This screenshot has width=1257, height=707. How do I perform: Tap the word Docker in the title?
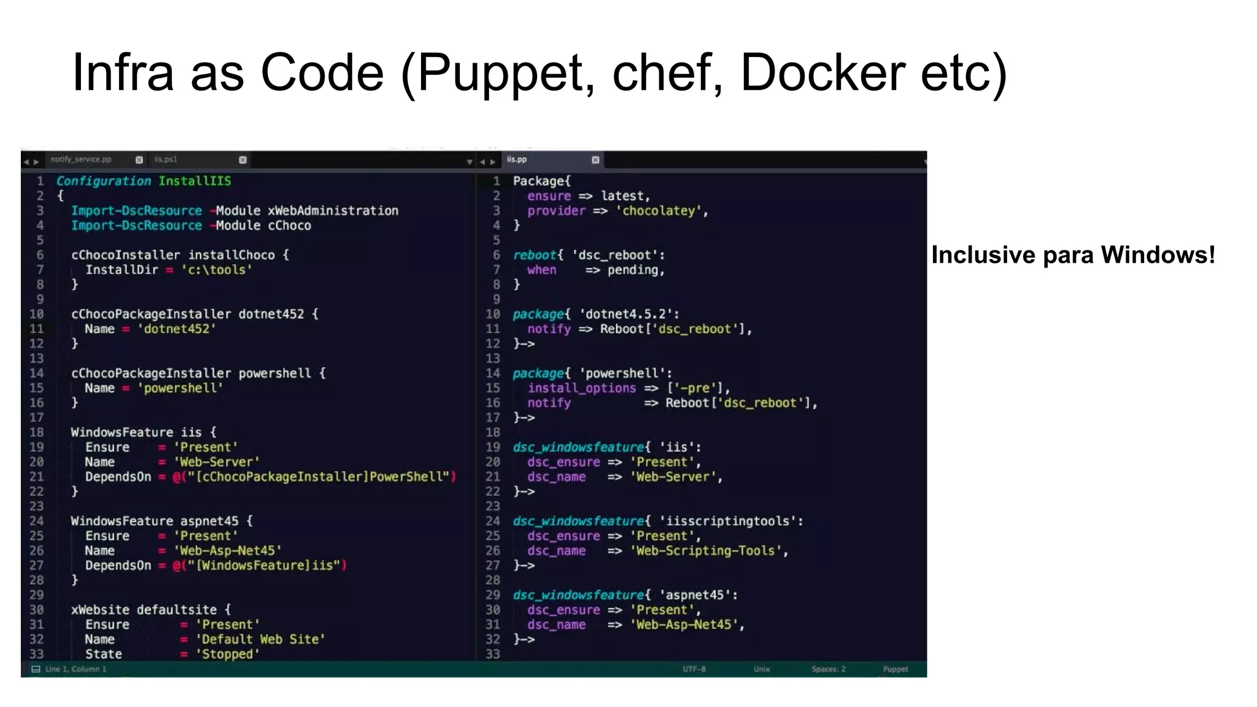tap(822, 72)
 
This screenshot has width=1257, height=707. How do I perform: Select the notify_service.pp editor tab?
tap(81, 160)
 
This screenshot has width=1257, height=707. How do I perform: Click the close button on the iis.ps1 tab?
tap(243, 160)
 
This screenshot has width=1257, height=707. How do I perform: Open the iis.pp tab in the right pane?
tap(517, 160)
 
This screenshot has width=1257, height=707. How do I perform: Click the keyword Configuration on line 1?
tap(103, 181)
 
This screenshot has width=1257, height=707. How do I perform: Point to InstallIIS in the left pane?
tap(195, 181)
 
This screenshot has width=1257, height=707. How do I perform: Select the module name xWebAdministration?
tap(333, 211)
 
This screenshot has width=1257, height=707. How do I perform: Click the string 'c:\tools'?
tap(216, 270)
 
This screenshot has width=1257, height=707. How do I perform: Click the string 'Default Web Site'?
tap(260, 639)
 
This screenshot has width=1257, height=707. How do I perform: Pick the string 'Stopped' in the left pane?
tap(227, 654)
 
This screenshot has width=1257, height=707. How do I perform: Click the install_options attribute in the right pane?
tap(581, 388)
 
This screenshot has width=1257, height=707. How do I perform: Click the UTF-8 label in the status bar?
tap(694, 669)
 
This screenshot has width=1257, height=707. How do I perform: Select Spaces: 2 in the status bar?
tap(828, 669)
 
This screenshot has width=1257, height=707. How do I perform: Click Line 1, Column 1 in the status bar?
tap(75, 669)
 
